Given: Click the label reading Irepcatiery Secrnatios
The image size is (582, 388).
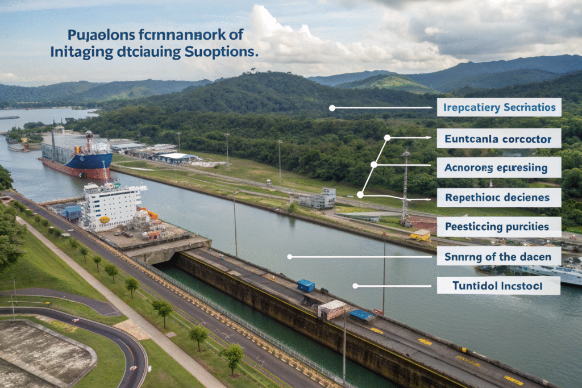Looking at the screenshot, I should pos(498,107).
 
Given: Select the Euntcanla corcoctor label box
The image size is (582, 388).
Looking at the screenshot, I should pos(498,137).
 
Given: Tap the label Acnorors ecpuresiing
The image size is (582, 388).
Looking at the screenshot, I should pos(498,168).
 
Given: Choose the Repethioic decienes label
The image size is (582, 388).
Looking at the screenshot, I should pos(498,198).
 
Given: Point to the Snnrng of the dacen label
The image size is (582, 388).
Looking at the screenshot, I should pos(498,256).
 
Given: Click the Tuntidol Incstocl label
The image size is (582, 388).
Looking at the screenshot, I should pos(498,286).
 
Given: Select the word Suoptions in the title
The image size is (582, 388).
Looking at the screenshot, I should pos(221,52).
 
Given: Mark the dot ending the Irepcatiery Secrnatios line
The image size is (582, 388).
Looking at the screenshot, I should pos(331,107).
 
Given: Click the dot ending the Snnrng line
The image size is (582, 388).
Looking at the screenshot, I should pos(289,257).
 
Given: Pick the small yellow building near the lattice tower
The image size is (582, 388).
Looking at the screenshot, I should pos(421,235).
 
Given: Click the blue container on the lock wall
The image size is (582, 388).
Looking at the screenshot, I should pos(306,285).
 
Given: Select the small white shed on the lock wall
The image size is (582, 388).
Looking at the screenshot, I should pos(331,310).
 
